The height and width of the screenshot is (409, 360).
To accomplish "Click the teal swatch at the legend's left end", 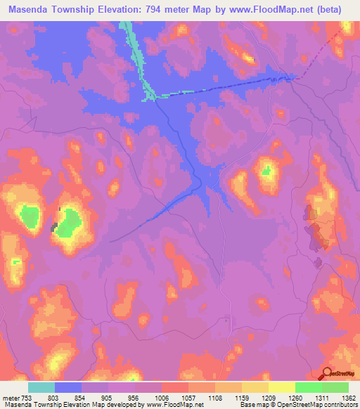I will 41,387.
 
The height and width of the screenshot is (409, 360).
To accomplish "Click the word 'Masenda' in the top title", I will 27,9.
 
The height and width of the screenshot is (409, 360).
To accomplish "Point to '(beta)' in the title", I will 328,9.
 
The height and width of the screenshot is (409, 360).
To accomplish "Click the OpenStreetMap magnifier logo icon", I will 328,373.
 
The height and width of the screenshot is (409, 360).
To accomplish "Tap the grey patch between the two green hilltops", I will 55,226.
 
